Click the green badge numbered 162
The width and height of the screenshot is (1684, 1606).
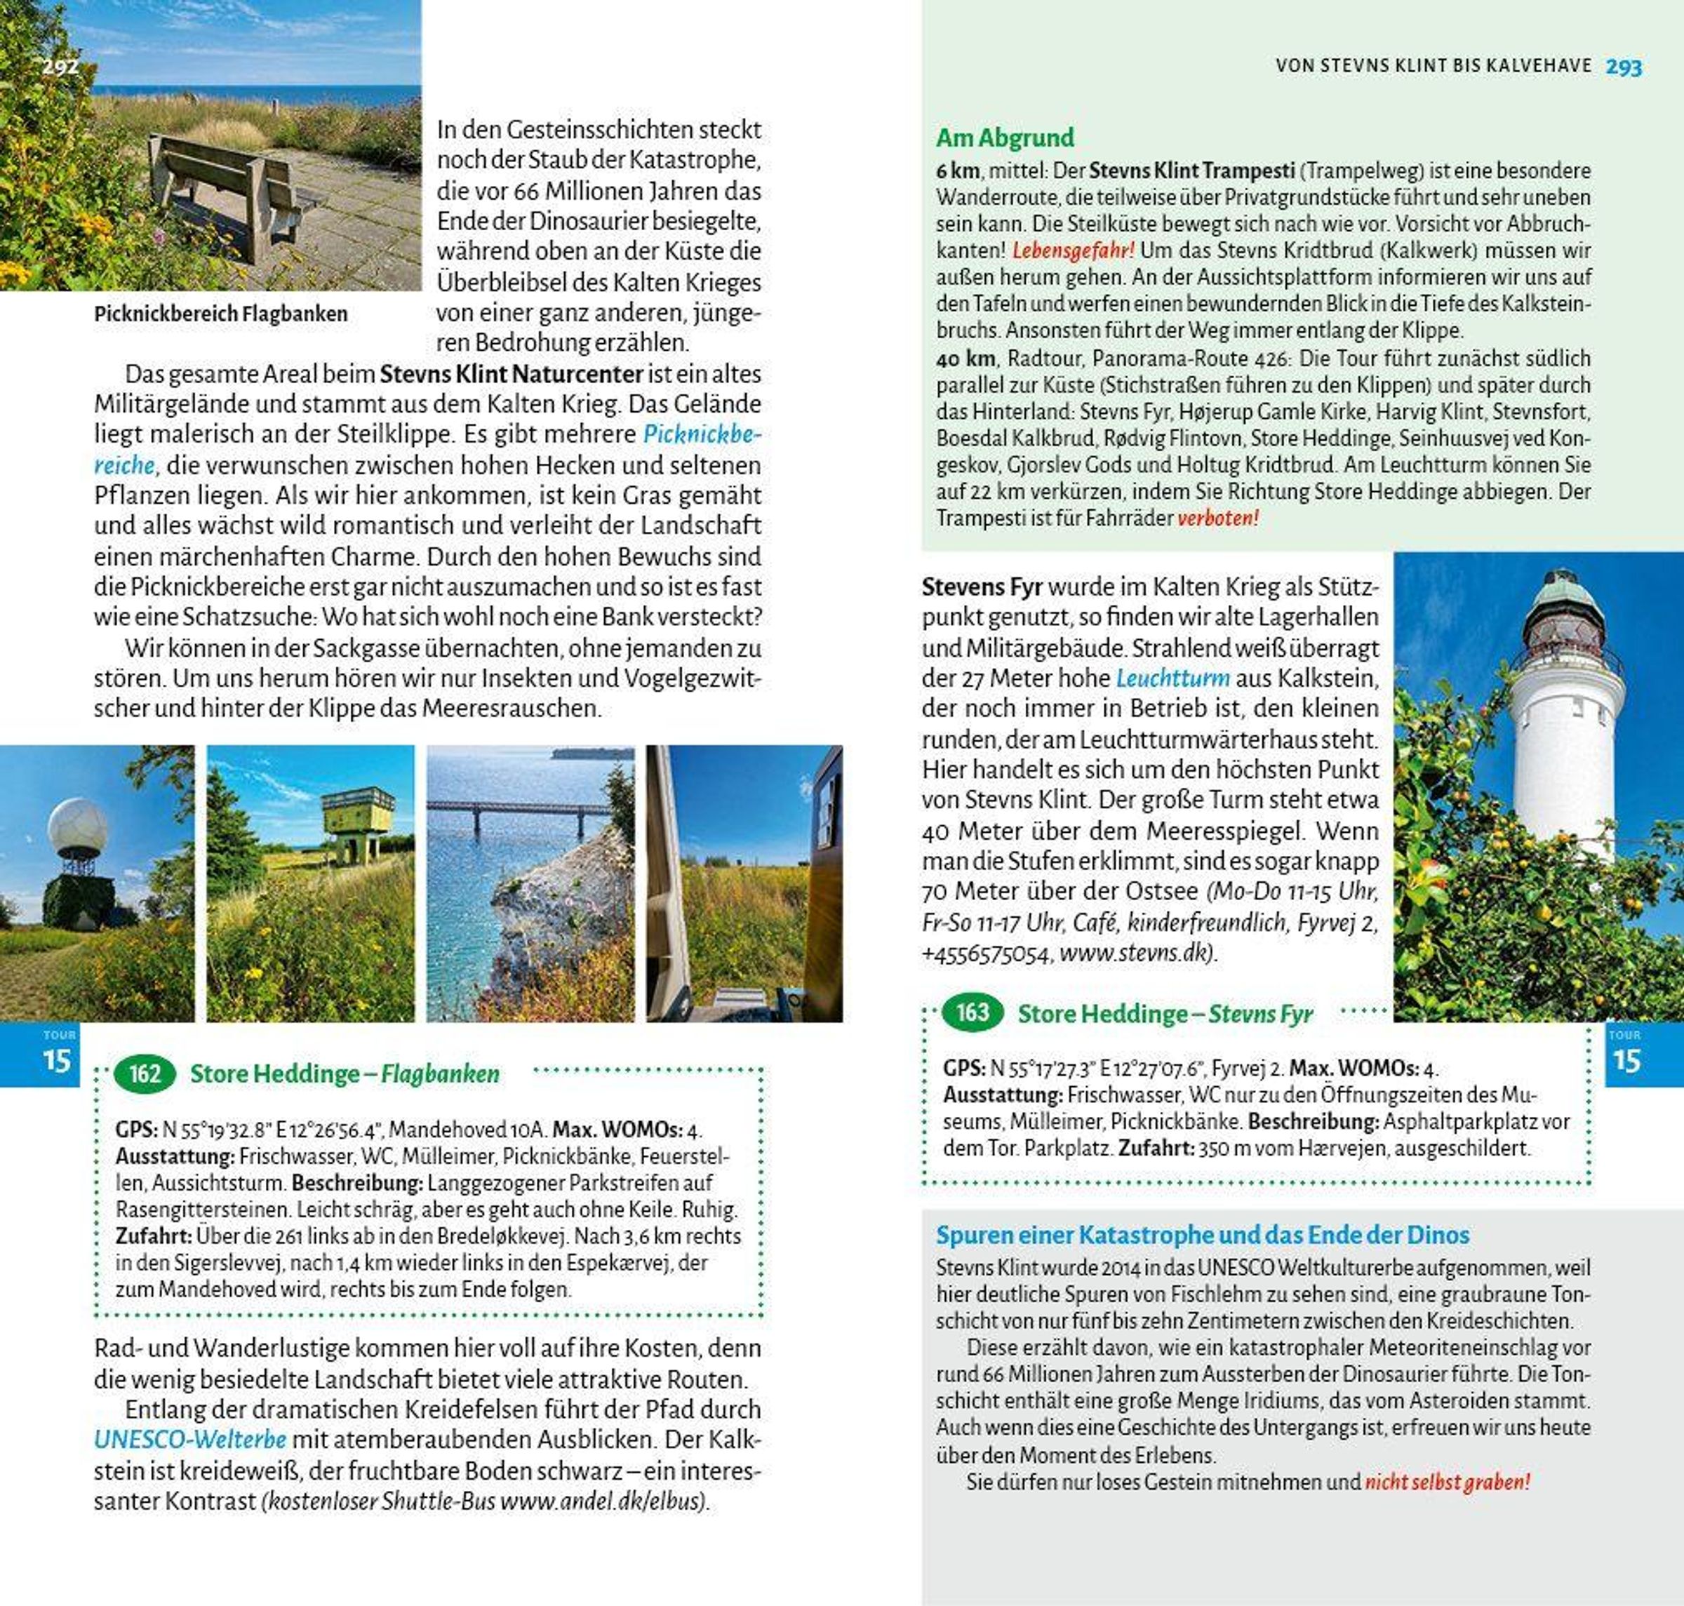tap(144, 1073)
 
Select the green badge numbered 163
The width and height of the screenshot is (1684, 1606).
tap(972, 1012)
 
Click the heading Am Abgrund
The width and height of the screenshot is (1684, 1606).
tap(1004, 137)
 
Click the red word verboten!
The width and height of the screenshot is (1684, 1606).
tap(1218, 518)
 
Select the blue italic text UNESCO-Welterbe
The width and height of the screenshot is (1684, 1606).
tap(190, 1439)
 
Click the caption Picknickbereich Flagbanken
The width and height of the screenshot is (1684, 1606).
tap(221, 314)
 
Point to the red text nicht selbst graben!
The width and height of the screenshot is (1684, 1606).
tap(1447, 1481)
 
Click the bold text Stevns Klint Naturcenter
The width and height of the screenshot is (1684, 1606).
tap(511, 374)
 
